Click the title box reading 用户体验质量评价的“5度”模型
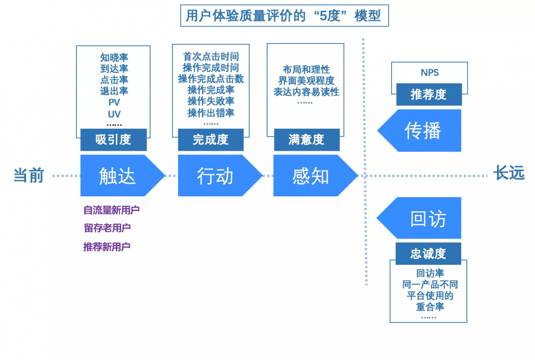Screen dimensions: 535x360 [x=285, y=15]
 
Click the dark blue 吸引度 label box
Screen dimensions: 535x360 [x=113, y=139]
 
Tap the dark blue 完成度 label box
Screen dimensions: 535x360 [x=211, y=139]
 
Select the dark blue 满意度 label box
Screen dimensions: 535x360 [x=307, y=139]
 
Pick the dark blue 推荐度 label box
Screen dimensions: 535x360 [x=429, y=94]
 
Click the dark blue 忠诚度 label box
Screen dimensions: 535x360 [x=428, y=254]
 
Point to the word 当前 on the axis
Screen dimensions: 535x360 [x=29, y=175]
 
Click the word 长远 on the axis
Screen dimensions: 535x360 [x=509, y=172]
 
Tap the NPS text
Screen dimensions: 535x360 [x=430, y=73]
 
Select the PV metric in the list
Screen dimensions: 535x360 [x=114, y=102]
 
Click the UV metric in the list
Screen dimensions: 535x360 [x=114, y=114]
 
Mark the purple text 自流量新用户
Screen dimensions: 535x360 [x=112, y=210]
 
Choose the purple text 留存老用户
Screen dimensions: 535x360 [x=107, y=228]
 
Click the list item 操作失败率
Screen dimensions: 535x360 [x=211, y=101]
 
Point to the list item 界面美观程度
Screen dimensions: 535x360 [x=306, y=81]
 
